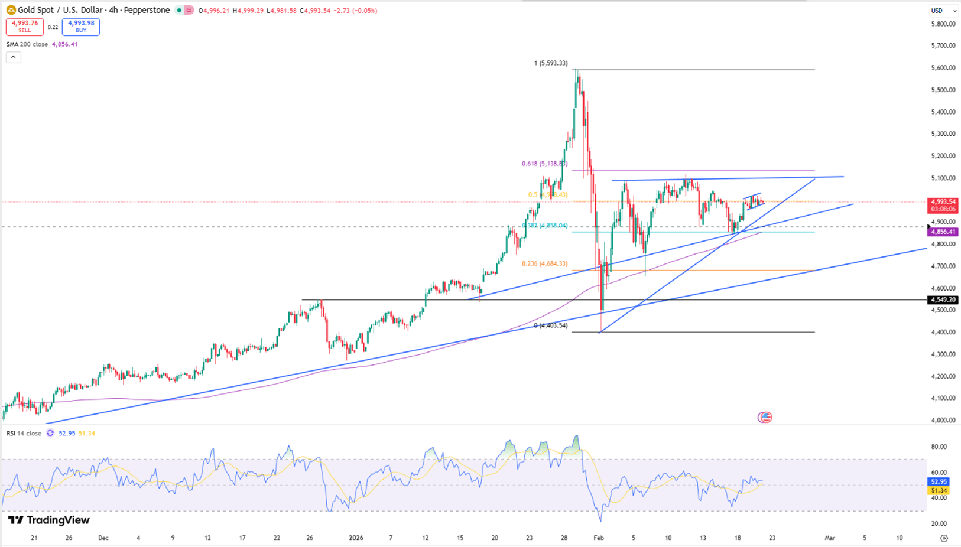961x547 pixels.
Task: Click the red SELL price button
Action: tap(25, 27)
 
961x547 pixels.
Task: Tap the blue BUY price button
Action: tap(81, 27)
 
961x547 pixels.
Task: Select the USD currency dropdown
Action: tap(943, 11)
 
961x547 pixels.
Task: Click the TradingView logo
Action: tap(49, 520)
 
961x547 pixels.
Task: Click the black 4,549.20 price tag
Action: tap(943, 300)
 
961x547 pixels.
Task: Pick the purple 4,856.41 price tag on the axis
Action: tap(943, 232)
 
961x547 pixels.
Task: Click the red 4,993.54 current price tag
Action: tap(943, 202)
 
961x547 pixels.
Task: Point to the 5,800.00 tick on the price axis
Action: tap(943, 24)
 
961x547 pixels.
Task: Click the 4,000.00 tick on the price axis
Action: tap(943, 421)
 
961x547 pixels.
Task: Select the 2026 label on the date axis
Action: tap(356, 538)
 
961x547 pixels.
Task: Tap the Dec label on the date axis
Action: tap(103, 538)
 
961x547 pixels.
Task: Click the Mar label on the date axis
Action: tap(830, 538)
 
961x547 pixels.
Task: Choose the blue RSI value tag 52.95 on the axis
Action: tap(939, 482)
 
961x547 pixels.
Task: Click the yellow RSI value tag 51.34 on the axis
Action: tap(939, 491)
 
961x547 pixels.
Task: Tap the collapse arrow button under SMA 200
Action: tap(14, 57)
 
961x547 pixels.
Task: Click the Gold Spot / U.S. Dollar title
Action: tap(93, 11)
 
